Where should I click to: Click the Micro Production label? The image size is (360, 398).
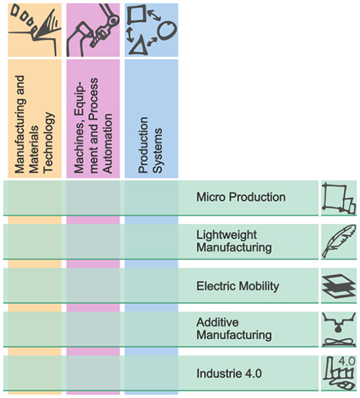[x=241, y=197]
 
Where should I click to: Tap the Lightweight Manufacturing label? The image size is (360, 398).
[x=234, y=241]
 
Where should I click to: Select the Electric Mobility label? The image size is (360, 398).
[x=238, y=286]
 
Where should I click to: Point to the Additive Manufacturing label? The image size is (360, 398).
[x=234, y=328]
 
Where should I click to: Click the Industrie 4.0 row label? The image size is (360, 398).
[x=229, y=373]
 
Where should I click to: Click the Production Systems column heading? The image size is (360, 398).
[x=150, y=145]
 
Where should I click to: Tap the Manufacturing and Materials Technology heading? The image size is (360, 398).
[x=34, y=124]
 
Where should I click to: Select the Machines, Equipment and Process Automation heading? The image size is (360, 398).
[x=93, y=126]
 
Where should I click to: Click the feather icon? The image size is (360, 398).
[x=339, y=241]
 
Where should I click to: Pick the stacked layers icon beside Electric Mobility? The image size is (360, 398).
[x=339, y=286]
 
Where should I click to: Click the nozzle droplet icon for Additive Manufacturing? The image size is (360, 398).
[x=339, y=329]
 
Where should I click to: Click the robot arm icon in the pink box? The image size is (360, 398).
[x=93, y=30]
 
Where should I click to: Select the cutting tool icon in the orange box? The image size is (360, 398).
[x=35, y=30]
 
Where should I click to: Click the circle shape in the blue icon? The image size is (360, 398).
[x=167, y=30]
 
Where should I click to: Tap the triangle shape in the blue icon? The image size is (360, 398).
[x=139, y=46]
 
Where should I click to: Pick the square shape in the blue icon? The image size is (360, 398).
[x=137, y=15]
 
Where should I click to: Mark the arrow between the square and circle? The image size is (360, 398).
[x=154, y=15]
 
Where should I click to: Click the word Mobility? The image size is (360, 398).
[x=259, y=286]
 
